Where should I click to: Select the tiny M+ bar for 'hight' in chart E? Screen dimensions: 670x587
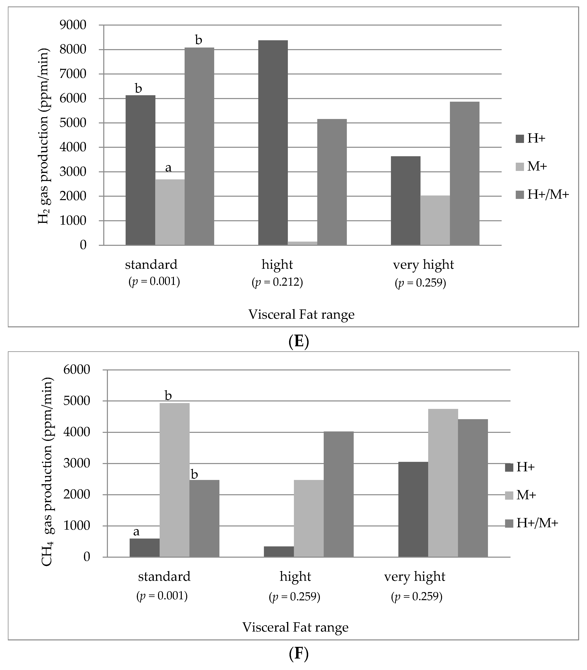[302, 243]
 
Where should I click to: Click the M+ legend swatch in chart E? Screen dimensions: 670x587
[520, 167]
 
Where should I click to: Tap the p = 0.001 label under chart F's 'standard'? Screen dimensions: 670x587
[162, 596]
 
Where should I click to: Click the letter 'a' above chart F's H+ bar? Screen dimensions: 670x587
[136, 531]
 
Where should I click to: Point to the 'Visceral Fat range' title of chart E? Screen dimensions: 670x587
[301, 314]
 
